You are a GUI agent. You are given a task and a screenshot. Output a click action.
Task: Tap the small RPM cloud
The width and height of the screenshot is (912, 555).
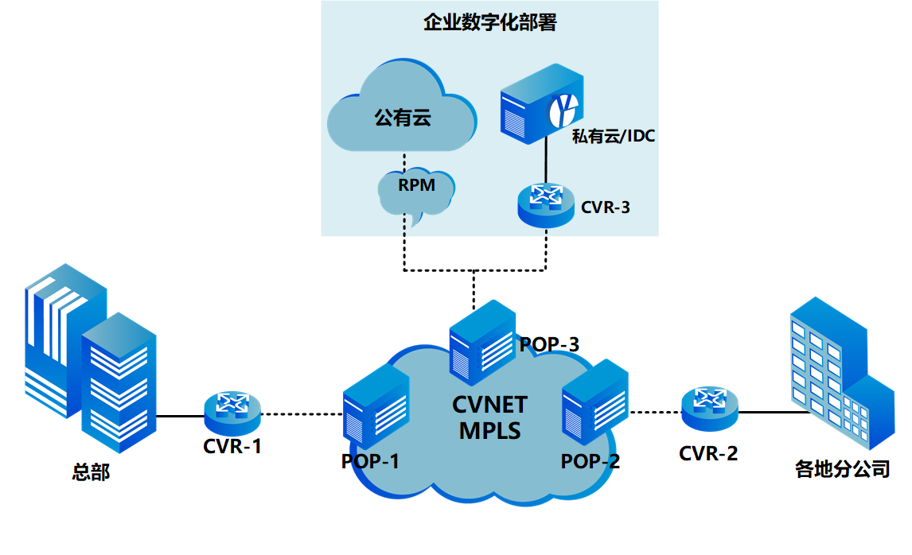click(x=417, y=191)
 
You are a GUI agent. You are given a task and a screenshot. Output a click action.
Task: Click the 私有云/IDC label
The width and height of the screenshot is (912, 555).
click(x=614, y=137)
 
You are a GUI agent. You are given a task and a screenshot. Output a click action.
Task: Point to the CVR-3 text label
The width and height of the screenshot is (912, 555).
click(x=606, y=208)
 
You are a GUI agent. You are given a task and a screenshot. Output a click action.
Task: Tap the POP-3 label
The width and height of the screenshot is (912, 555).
click(x=549, y=345)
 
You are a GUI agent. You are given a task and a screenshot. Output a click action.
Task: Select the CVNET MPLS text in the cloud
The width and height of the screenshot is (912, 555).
click(x=489, y=418)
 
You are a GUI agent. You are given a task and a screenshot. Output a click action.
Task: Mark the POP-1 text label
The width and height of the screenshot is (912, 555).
click(x=370, y=462)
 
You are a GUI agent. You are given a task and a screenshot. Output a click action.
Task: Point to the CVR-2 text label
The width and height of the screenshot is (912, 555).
click(x=708, y=453)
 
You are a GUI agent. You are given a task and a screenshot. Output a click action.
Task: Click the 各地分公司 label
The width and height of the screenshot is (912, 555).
click(x=842, y=469)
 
